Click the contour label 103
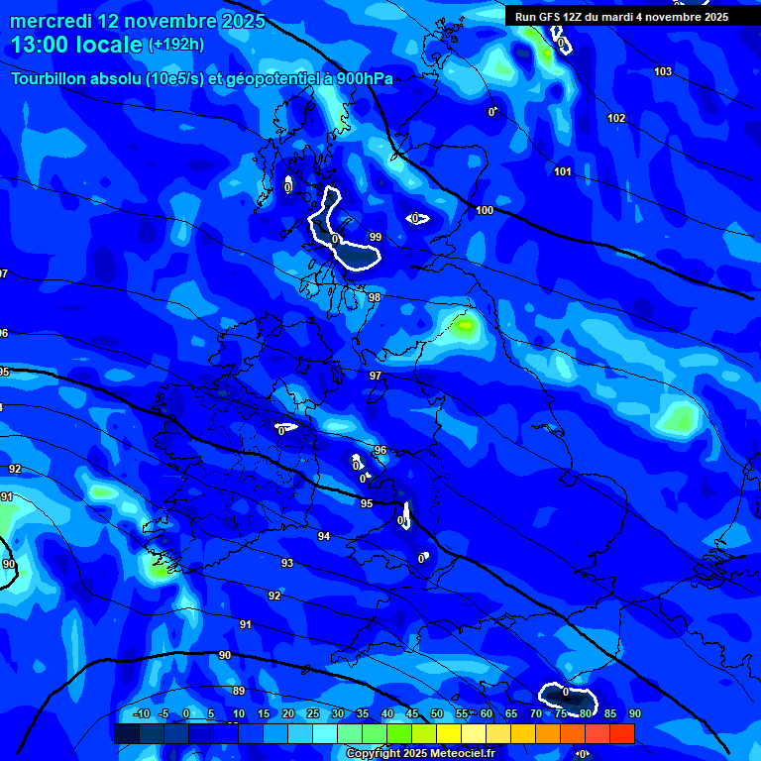click(663, 71)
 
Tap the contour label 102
click(616, 118)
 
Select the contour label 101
click(563, 171)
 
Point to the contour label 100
click(485, 210)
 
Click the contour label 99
click(375, 237)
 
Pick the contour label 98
click(375, 297)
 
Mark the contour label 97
click(376, 376)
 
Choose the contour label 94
click(324, 535)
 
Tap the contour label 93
click(287, 563)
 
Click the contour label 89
click(238, 691)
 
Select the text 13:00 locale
click(77, 45)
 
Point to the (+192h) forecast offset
click(177, 45)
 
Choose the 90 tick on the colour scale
click(634, 713)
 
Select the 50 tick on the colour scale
click(436, 713)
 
